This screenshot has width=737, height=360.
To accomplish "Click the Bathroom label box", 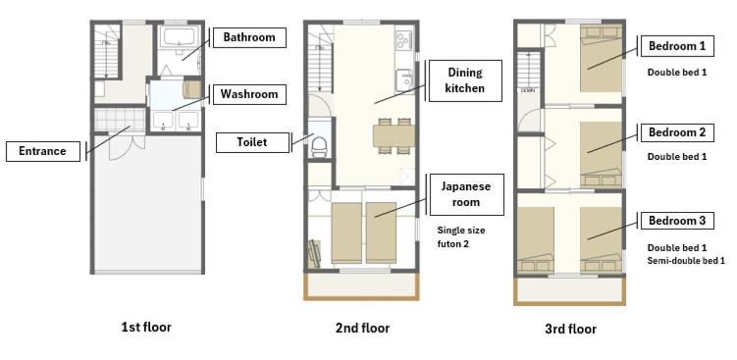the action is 249,37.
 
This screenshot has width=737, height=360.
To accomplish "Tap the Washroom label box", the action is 249,94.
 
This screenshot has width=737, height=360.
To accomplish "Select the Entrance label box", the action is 43,151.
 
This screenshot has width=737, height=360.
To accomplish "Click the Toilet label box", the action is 252,142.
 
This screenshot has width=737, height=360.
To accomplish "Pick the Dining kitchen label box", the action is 465,80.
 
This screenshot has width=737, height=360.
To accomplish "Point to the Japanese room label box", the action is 465,194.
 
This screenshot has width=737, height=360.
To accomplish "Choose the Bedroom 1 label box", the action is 677,46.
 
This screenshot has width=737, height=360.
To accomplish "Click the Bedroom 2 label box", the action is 677,132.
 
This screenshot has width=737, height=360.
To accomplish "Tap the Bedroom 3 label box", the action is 677,221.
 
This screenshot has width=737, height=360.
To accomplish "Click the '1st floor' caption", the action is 146,327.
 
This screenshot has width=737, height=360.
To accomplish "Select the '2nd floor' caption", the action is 362,328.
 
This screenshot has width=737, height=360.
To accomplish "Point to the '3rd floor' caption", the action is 570,329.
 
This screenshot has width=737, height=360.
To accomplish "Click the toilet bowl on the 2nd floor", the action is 320,146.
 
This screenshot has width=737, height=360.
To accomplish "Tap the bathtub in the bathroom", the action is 178,36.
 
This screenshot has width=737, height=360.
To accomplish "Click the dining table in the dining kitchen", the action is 395,135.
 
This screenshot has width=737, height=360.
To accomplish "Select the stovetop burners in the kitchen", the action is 403,39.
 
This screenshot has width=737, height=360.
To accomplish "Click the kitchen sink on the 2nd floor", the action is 403,79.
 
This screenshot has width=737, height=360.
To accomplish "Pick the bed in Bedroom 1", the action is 602,58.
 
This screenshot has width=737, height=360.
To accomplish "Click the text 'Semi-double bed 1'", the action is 686,260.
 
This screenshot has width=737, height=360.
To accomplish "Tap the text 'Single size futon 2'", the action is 461,237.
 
